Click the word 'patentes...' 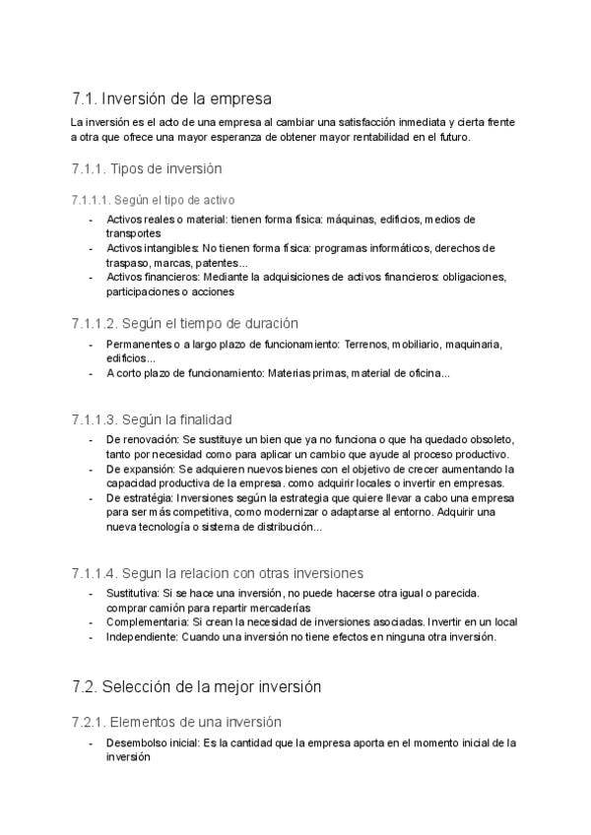226,263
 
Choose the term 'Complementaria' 143,622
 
